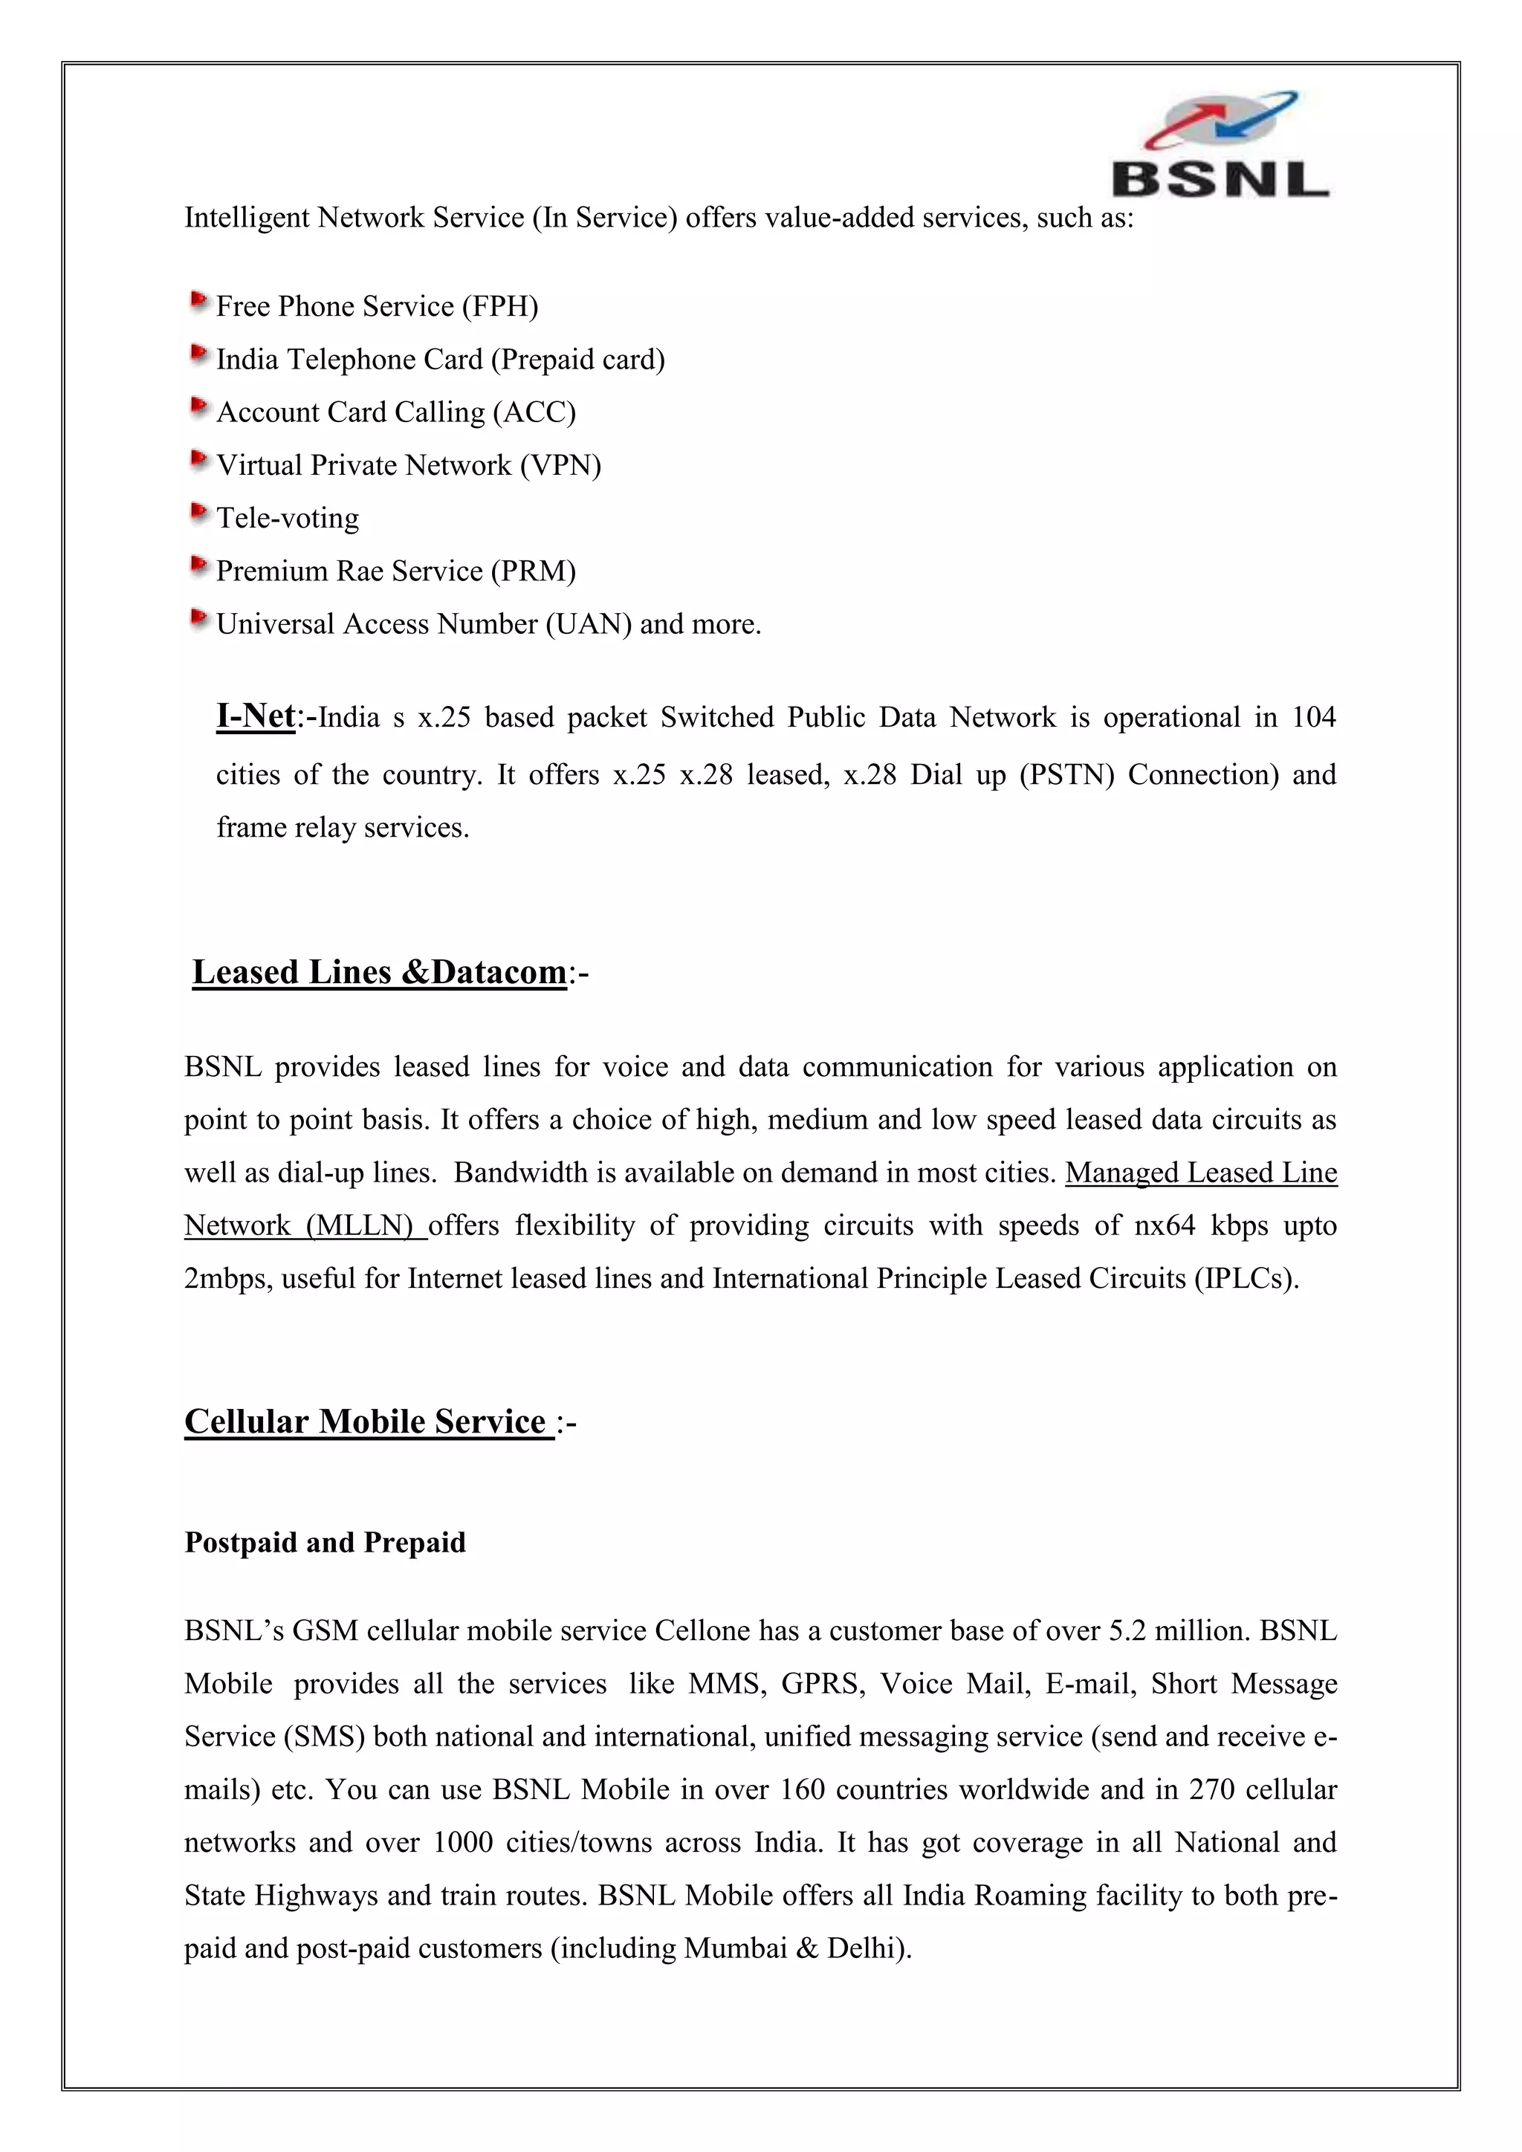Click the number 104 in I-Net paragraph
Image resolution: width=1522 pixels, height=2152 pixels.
pos(1313,717)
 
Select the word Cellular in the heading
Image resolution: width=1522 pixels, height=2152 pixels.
pos(245,1422)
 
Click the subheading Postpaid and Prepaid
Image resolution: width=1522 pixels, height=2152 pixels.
pos(324,1543)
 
